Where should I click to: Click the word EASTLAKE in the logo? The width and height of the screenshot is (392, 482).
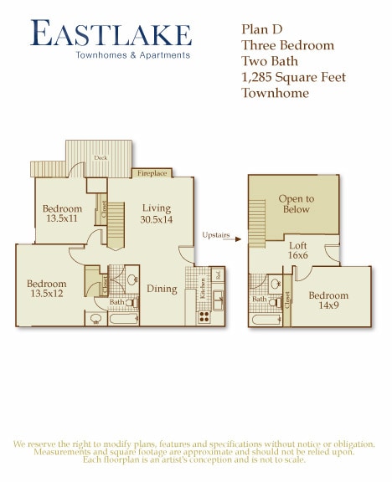point(111,34)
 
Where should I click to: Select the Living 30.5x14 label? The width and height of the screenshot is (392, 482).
point(156,213)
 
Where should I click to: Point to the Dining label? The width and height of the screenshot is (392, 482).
point(162,290)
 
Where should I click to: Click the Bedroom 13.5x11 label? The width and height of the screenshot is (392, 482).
point(62,214)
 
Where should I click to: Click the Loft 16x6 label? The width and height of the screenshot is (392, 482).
point(298,251)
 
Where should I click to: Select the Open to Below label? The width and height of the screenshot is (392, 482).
point(296,204)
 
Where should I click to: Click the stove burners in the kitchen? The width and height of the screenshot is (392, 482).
point(203,316)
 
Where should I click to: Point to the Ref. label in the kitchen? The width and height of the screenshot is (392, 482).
point(218,274)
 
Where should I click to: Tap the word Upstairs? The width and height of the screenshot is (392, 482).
point(216,235)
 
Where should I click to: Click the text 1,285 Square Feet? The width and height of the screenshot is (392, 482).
point(293,77)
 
